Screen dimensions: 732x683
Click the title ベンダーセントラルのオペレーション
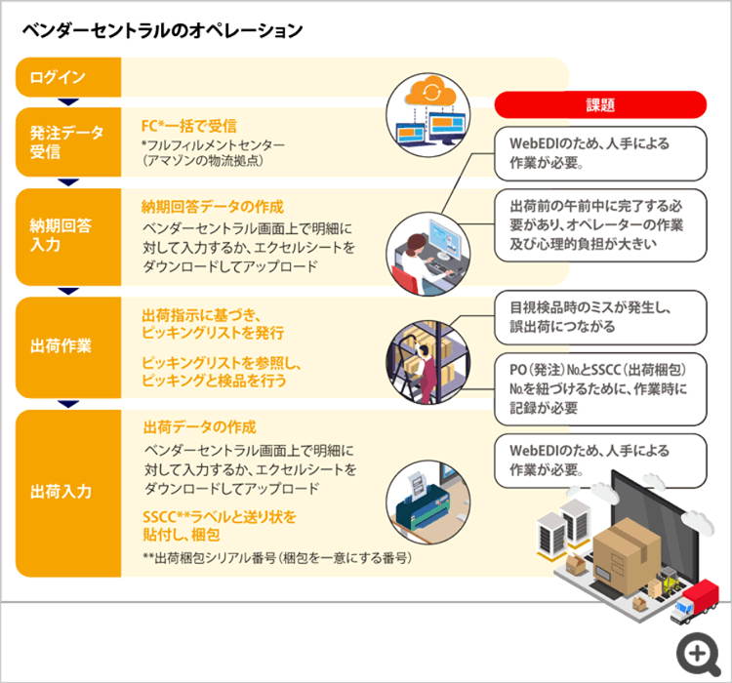[x=162, y=31]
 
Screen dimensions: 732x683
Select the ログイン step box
[x=68, y=77]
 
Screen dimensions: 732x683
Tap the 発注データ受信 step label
[x=66, y=141]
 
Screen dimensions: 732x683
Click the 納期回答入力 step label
[x=61, y=235]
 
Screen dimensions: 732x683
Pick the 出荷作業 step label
[x=61, y=346]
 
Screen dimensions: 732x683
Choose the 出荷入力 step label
[x=61, y=492]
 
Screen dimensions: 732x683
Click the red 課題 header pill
[x=600, y=104]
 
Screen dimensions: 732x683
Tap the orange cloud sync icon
[x=430, y=91]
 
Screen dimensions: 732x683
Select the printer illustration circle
[x=428, y=502]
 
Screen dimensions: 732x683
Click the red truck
[x=695, y=601]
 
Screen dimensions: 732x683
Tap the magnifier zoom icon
[x=699, y=655]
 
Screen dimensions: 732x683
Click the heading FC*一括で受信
[x=189, y=126]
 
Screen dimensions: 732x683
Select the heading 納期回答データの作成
[x=213, y=207]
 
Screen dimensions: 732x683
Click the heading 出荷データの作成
[x=200, y=427]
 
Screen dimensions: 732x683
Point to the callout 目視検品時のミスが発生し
[x=600, y=317]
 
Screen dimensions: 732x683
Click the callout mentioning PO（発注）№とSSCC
[x=600, y=389]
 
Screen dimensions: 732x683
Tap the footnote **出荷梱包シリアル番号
[x=277, y=558]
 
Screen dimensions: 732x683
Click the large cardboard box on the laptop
[x=627, y=556]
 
